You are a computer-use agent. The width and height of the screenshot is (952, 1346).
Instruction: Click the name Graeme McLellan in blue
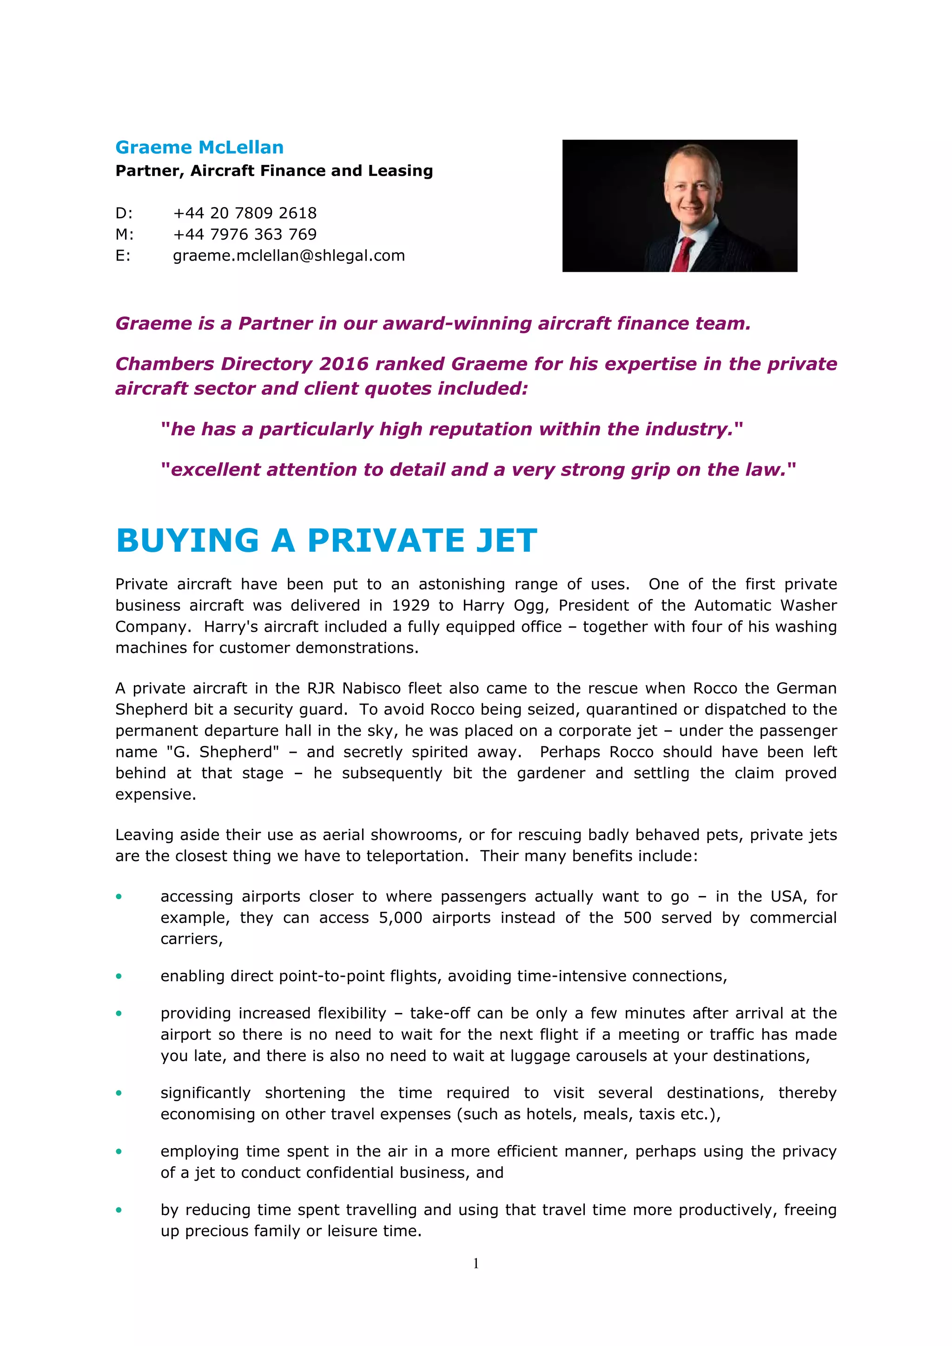pyautogui.click(x=199, y=147)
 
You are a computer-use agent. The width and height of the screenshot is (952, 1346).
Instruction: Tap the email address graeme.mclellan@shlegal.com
pyautogui.click(x=289, y=255)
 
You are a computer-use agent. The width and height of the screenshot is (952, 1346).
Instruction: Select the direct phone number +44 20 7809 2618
pyautogui.click(x=245, y=213)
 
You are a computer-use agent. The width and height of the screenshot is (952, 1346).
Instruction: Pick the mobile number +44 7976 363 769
pyautogui.click(x=245, y=235)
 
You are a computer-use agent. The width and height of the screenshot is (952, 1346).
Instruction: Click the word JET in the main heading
pyautogui.click(x=506, y=541)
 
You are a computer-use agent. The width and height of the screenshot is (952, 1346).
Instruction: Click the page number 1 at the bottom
pyautogui.click(x=476, y=1263)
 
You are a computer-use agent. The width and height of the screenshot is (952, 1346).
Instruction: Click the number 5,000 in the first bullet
pyautogui.click(x=400, y=917)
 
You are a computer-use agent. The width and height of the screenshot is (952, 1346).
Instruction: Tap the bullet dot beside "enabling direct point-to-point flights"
pyautogui.click(x=119, y=976)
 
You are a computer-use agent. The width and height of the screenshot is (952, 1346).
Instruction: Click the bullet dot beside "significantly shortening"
pyautogui.click(x=119, y=1093)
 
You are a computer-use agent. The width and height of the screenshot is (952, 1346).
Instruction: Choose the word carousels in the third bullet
pyautogui.click(x=609, y=1056)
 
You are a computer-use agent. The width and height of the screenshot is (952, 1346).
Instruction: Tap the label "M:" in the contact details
pyautogui.click(x=125, y=235)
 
